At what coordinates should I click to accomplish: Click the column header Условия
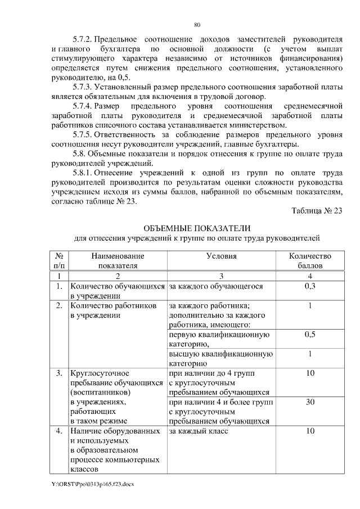(x=221, y=256)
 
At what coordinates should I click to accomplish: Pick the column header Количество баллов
(x=309, y=260)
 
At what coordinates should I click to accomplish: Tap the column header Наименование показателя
(x=118, y=260)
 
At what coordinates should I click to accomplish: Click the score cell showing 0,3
(x=309, y=286)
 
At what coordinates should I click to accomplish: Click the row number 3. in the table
(x=58, y=373)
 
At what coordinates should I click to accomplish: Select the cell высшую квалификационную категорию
(x=220, y=358)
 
